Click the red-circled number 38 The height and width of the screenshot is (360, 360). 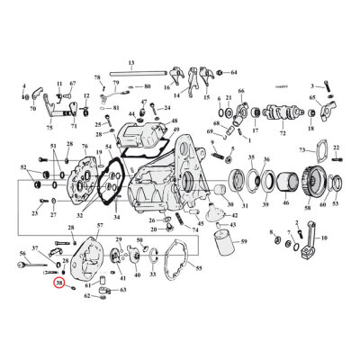coord(59,283)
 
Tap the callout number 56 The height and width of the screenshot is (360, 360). coord(22,255)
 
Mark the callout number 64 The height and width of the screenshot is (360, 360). coord(233,71)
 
